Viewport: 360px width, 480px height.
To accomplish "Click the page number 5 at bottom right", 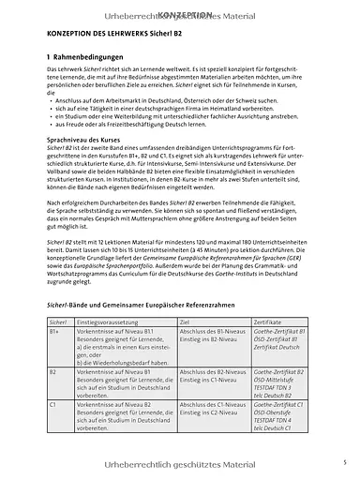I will coord(344,463).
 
